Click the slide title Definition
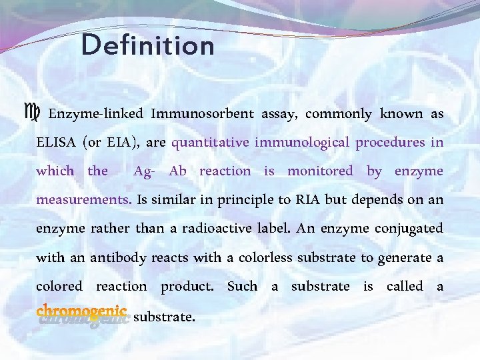[148, 47]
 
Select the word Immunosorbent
[202, 114]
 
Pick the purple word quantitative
[210, 143]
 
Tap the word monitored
[320, 171]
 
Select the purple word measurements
[83, 200]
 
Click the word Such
[241, 286]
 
